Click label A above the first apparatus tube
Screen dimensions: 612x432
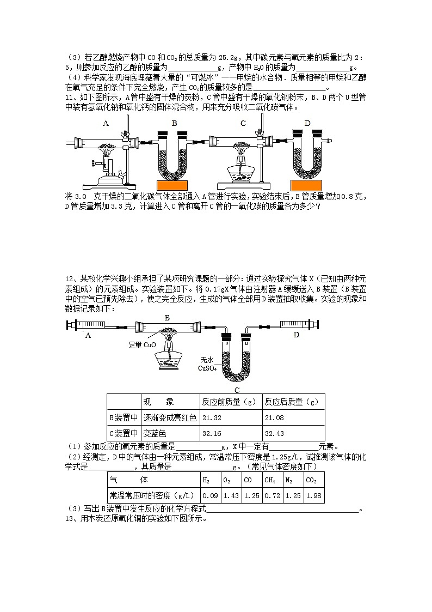[106, 124]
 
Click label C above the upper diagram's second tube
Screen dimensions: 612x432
[243, 124]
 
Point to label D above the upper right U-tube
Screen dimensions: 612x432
[307, 124]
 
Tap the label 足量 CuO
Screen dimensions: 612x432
[143, 345]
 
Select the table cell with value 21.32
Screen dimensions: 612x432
[231, 417]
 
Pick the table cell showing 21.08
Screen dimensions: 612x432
[293, 417]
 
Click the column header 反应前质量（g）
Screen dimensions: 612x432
[230, 402]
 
